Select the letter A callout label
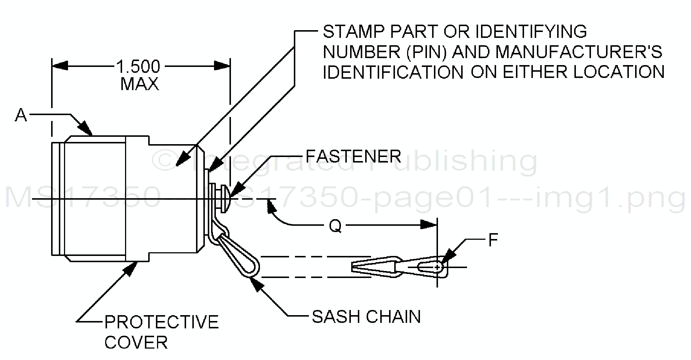[x=21, y=115]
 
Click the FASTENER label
[x=353, y=156]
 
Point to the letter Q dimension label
[x=335, y=226]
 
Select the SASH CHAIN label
[x=366, y=317]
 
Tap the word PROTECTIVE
[x=161, y=322]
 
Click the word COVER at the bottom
[x=136, y=343]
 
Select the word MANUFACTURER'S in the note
[x=579, y=52]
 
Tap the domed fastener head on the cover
[x=226, y=199]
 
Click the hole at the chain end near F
[x=437, y=267]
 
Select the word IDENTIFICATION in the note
[x=392, y=72]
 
